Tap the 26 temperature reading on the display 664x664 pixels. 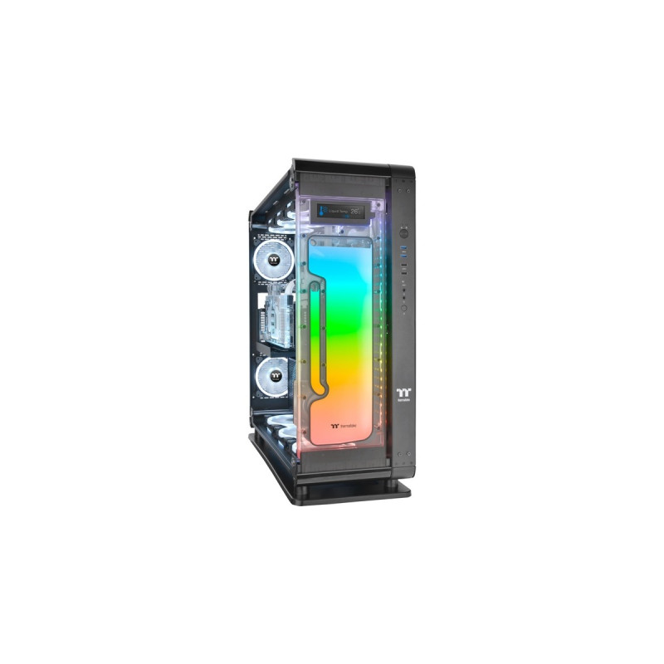pos(357,212)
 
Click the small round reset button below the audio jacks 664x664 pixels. pos(403,308)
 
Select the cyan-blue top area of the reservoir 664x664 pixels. pos(344,257)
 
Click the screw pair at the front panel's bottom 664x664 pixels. pos(403,456)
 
